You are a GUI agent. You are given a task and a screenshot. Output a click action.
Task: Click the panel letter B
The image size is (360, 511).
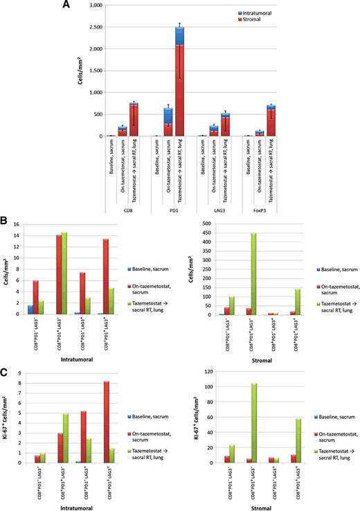click(x=6, y=224)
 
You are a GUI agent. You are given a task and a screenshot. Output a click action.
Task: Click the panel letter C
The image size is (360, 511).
click(x=6, y=373)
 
